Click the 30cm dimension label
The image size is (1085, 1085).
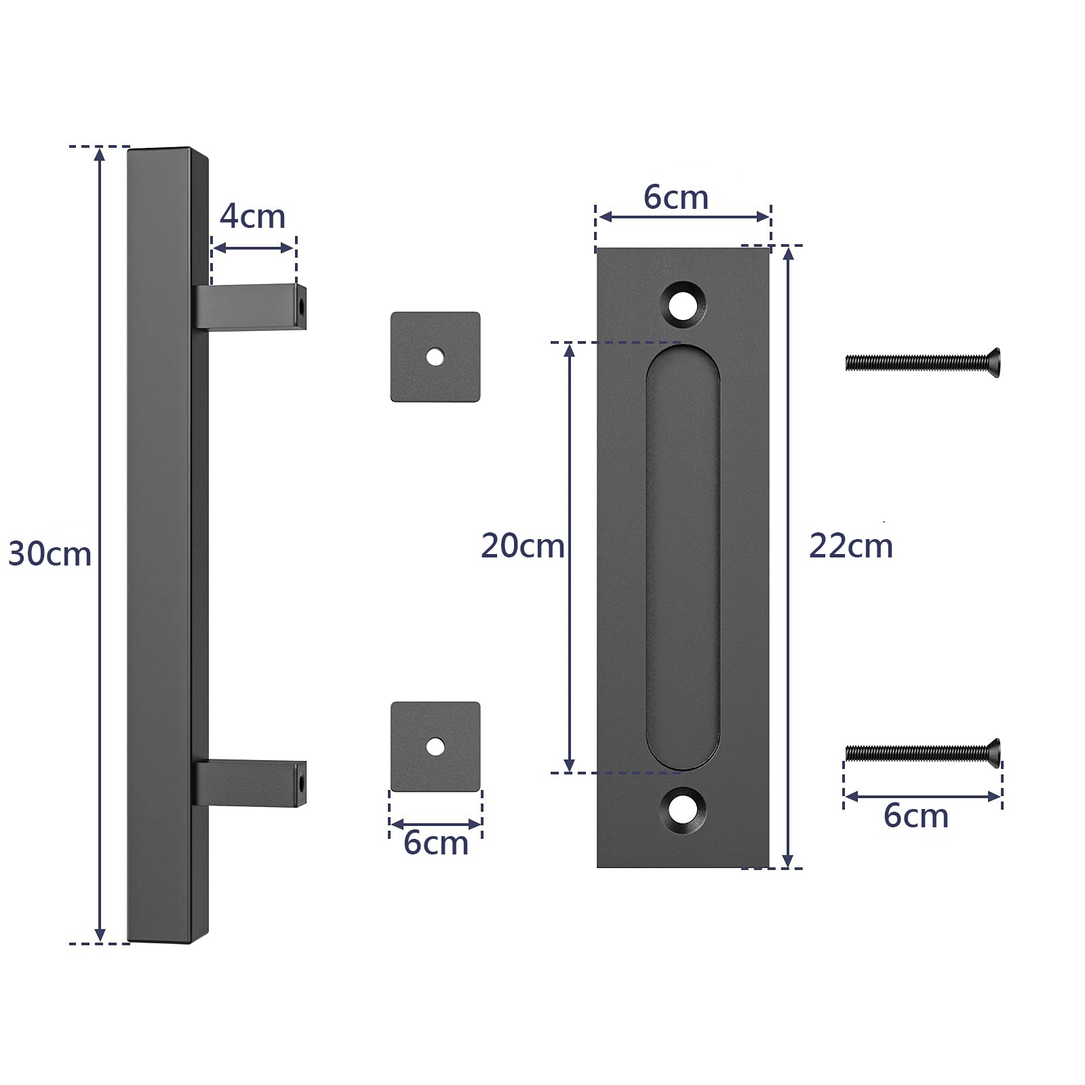coord(50,554)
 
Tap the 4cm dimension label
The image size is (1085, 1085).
coord(252,216)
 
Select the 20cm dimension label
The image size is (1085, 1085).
coord(522,546)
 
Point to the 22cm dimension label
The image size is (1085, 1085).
coord(850,546)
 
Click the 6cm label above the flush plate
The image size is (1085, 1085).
coord(676,197)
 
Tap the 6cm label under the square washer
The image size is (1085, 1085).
coord(435,843)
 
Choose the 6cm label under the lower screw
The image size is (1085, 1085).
coord(915,815)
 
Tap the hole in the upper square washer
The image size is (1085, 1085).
coord(435,356)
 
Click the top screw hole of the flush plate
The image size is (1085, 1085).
coord(683,303)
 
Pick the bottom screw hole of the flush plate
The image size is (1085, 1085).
coord(683,808)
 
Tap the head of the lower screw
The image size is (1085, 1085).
coord(993,753)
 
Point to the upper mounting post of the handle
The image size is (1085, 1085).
coord(248,307)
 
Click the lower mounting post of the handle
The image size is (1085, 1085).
coord(248,783)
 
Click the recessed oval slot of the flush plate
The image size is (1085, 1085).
coord(683,556)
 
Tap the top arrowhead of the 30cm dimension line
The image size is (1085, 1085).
coord(100,155)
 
